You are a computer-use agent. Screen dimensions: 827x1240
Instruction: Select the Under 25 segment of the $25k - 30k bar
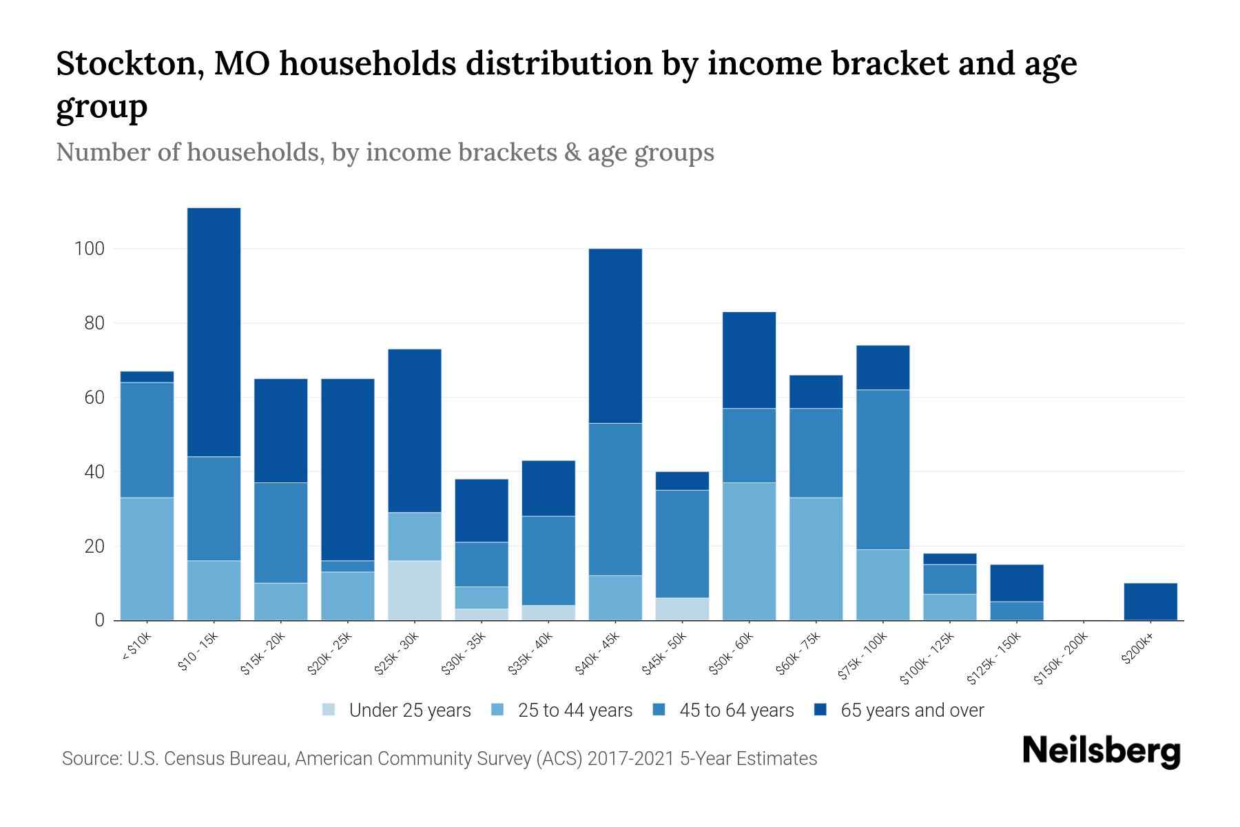point(415,591)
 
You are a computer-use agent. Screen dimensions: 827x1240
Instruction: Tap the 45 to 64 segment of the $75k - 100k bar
point(883,469)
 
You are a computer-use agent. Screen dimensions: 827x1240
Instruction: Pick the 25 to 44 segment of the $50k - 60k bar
point(749,551)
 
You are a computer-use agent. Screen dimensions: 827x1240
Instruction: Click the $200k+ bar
point(1150,602)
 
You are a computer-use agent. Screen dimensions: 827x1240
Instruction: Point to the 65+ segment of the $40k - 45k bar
point(615,336)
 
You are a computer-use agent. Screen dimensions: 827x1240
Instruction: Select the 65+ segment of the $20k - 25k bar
point(348,469)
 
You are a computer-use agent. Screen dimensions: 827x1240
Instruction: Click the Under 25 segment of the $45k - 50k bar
point(682,609)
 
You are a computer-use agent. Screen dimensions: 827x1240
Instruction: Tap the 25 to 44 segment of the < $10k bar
point(147,559)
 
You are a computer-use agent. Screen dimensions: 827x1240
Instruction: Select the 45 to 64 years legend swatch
point(659,710)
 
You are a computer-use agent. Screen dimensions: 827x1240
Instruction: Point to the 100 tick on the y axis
point(89,249)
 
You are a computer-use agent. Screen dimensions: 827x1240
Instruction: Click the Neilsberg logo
point(1101,751)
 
